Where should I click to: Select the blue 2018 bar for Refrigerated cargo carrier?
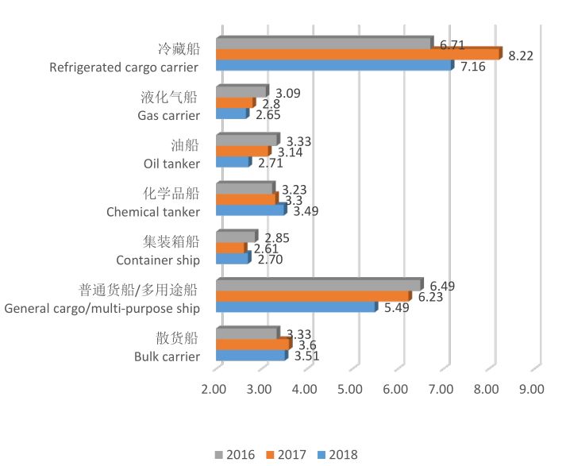pyautogui.click(x=333, y=66)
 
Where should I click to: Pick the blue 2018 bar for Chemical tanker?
pyautogui.click(x=250, y=211)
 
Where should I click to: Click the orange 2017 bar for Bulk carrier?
pyautogui.click(x=252, y=345)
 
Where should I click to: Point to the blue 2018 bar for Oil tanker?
pyautogui.click(x=233, y=163)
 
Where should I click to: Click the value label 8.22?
pyautogui.click(x=521, y=55)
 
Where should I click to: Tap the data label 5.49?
pyautogui.click(x=396, y=308)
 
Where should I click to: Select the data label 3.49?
pyautogui.click(x=307, y=211)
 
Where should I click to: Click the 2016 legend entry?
pyautogui.click(x=234, y=455)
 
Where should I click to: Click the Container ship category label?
pyautogui.click(x=158, y=260)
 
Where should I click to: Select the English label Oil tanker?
pyautogui.click(x=171, y=164)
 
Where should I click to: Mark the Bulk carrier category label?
pyautogui.click(x=167, y=356)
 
